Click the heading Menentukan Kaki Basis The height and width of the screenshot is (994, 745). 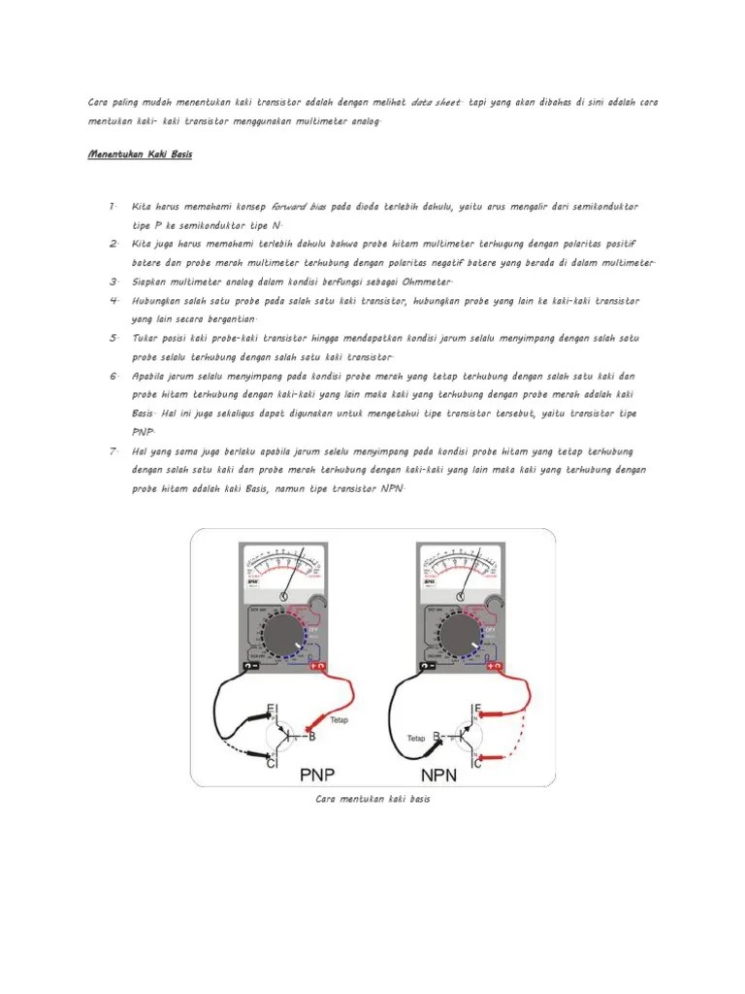click(x=140, y=154)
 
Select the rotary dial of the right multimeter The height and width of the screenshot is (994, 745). click(x=459, y=636)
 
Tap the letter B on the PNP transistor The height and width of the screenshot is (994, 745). click(x=311, y=737)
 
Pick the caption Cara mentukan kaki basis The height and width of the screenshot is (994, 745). click(x=372, y=799)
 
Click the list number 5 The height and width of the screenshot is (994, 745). click(x=113, y=338)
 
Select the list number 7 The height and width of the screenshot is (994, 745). click(x=113, y=451)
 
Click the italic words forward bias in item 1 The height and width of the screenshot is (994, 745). click(x=300, y=207)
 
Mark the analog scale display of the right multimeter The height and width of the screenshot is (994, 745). click(x=460, y=566)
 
